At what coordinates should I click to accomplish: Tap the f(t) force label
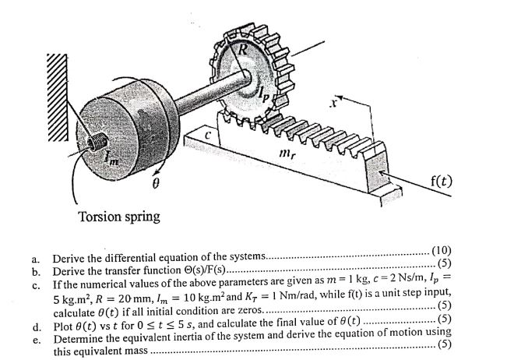[445, 184]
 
